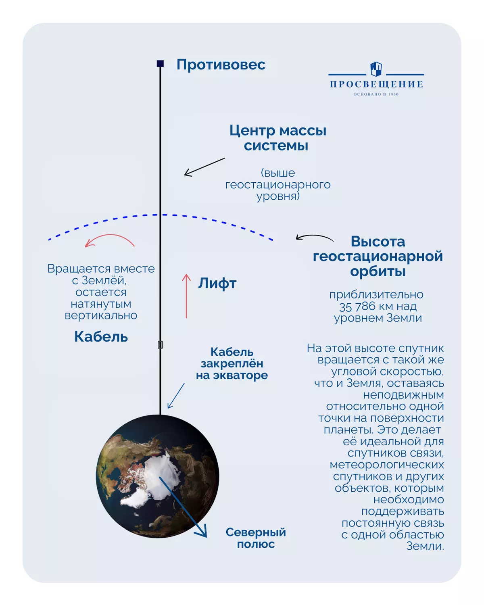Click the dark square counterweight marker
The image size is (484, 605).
click(x=160, y=63)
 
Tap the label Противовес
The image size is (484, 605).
click(x=221, y=65)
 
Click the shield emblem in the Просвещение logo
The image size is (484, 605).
click(x=376, y=69)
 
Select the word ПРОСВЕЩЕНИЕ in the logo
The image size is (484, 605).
click(x=376, y=84)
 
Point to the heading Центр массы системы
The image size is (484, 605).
click(x=277, y=138)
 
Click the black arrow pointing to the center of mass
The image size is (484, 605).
click(x=204, y=167)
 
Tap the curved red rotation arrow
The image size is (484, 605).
click(x=109, y=240)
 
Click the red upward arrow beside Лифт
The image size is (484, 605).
click(x=186, y=296)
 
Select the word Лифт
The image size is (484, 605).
click(x=217, y=283)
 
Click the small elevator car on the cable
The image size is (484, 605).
click(x=160, y=344)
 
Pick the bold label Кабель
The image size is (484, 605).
click(x=101, y=336)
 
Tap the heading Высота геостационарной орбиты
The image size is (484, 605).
click(x=378, y=256)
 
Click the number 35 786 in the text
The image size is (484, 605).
click(x=357, y=307)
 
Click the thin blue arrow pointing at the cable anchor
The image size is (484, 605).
click(x=176, y=396)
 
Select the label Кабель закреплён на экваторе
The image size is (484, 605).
click(x=232, y=363)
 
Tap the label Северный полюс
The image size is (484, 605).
click(x=256, y=538)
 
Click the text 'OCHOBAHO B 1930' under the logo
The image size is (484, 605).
click(x=376, y=94)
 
